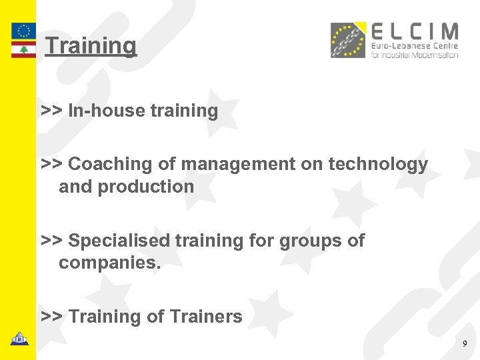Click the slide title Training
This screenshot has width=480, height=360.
tap(91, 46)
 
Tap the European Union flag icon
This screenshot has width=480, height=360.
tap(23, 31)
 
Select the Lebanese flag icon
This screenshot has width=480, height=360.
tap(23, 50)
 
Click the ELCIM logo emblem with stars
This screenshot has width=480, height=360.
tap(349, 40)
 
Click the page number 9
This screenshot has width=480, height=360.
tap(465, 344)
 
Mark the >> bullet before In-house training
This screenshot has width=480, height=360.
tap(52, 111)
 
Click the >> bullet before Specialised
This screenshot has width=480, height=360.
tap(52, 240)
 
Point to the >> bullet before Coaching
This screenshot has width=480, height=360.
tap(52, 164)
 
